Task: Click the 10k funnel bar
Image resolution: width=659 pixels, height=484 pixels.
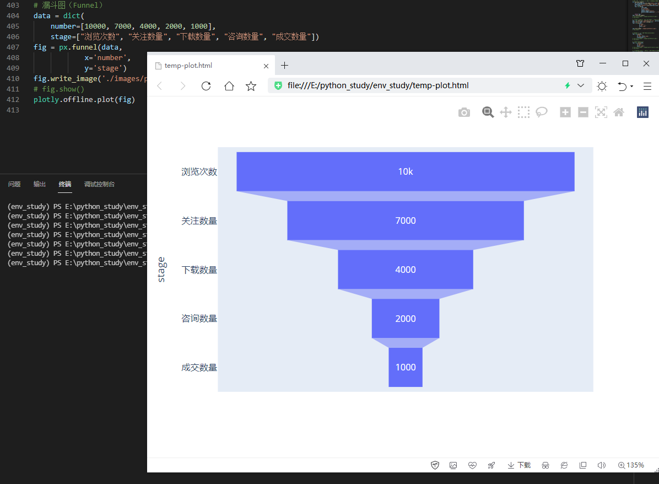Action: (x=405, y=171)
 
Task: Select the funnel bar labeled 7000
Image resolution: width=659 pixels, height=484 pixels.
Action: (x=405, y=221)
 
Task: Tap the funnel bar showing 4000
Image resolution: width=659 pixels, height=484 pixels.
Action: (x=405, y=270)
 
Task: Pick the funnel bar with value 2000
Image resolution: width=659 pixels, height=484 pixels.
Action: (x=405, y=319)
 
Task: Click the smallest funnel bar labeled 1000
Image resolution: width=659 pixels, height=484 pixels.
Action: (x=405, y=367)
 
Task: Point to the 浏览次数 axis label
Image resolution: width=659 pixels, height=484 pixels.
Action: (x=199, y=171)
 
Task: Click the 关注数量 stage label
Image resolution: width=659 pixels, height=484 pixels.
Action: (x=199, y=221)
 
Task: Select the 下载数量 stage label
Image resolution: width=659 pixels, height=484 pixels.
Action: (x=199, y=270)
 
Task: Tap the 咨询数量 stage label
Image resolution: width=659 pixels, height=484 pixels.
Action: (x=199, y=318)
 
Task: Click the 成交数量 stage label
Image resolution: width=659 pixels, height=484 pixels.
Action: (x=199, y=367)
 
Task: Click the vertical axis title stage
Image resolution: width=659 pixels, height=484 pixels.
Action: (x=161, y=270)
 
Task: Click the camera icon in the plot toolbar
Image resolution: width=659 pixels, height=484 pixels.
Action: (x=464, y=112)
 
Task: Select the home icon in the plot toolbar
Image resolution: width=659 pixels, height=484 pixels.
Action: (x=619, y=112)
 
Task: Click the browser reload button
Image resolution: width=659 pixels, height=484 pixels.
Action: (x=206, y=86)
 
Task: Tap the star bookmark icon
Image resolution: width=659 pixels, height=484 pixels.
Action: (x=251, y=86)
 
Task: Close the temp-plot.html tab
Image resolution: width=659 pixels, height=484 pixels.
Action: (x=266, y=66)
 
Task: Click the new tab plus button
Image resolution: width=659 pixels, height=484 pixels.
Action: (x=284, y=66)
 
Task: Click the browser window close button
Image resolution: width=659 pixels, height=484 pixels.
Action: (x=646, y=63)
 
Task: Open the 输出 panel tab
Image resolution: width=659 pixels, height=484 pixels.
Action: (x=40, y=184)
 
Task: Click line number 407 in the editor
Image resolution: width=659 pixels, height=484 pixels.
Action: (x=13, y=47)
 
